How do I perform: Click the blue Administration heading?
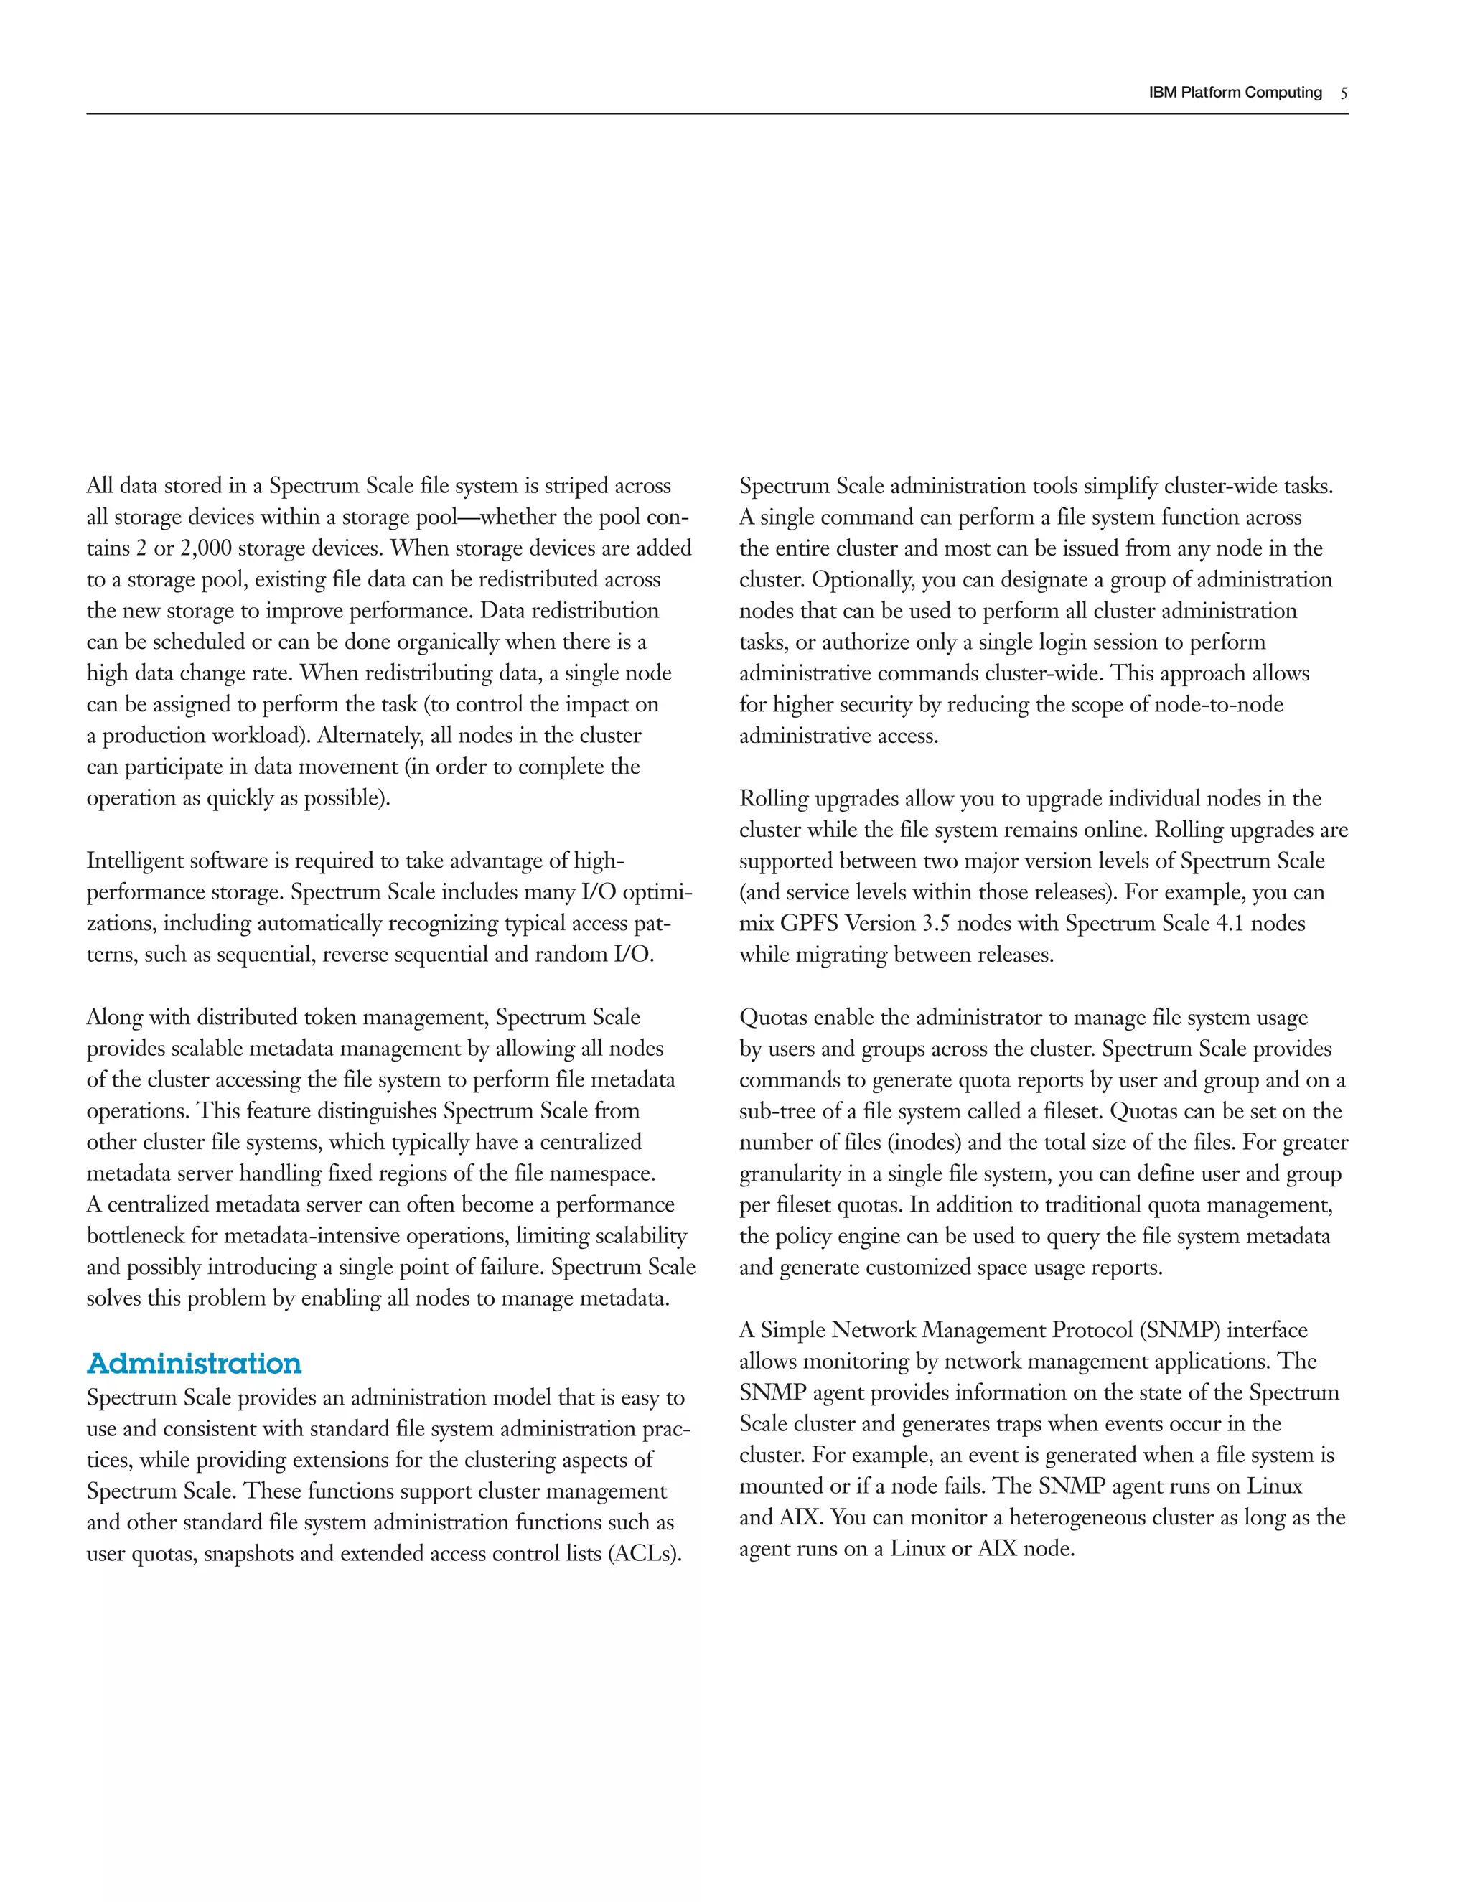click(195, 1364)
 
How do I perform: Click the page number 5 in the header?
click(1344, 93)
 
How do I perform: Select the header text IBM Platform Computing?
click(1235, 93)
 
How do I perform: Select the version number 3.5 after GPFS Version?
click(942, 923)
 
